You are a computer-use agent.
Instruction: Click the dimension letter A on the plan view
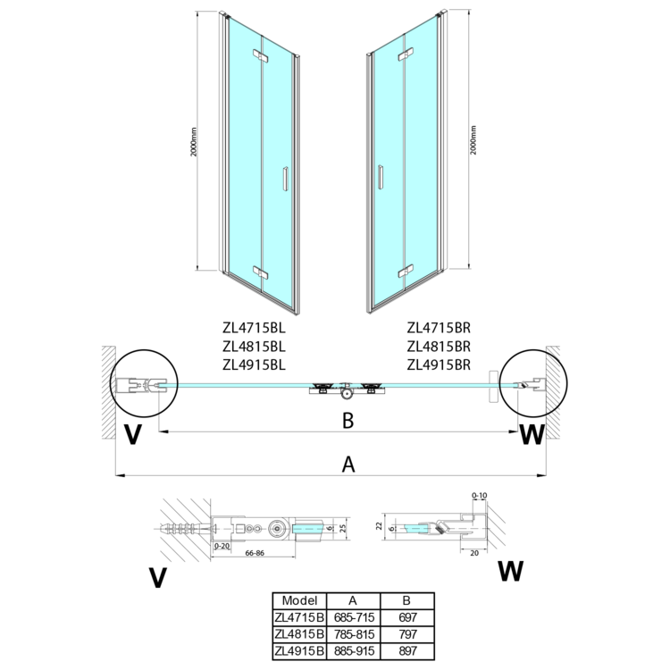point(349,464)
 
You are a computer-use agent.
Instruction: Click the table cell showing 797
point(407,633)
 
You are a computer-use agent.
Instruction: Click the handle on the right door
point(381,178)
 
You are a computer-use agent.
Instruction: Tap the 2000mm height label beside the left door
point(195,143)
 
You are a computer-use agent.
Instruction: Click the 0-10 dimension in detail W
point(479,494)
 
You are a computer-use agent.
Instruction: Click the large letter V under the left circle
point(134,436)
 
